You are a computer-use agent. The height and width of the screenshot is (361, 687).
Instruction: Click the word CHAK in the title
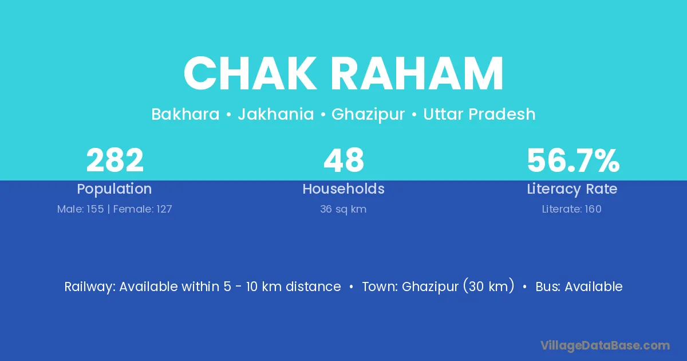pos(250,73)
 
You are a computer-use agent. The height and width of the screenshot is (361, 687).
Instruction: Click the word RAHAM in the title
pos(417,73)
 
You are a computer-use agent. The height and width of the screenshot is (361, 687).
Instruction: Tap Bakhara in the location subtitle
pos(185,114)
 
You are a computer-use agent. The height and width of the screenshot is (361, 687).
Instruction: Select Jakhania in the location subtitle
pos(276,115)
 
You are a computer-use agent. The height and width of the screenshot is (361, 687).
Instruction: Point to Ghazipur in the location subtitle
pos(368,115)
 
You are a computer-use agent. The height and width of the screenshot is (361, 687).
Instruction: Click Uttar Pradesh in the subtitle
pos(479,114)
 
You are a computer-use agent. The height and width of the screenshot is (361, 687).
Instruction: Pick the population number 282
pos(114,160)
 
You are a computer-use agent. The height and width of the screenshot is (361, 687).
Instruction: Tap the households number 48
pos(343,160)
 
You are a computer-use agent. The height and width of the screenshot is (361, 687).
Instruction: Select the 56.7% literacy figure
pos(573,160)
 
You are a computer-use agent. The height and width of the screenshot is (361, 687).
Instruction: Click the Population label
pos(114,189)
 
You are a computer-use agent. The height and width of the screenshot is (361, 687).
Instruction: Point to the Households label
pos(343,189)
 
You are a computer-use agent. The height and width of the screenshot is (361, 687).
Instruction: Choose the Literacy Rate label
pos(572,189)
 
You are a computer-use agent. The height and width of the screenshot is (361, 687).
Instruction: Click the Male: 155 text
pos(80,209)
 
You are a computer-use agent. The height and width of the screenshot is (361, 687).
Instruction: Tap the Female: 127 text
pos(143,209)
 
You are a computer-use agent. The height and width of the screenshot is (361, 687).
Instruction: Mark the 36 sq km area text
pos(343,209)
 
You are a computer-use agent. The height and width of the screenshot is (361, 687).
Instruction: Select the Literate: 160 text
pos(572,209)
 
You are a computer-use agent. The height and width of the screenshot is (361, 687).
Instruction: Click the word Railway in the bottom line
pos(89,287)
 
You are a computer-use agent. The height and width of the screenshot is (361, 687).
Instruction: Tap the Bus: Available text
pos(579,287)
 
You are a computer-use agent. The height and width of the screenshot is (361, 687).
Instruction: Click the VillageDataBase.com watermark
pos(605,346)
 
